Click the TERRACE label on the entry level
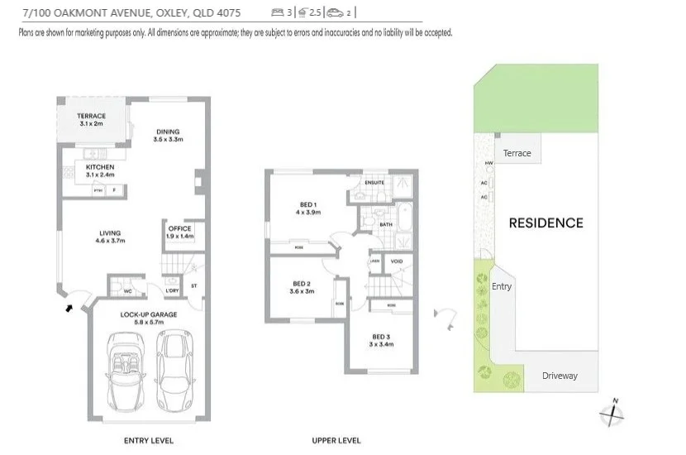[x=92, y=117]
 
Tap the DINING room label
[x=167, y=132]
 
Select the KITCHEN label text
[x=100, y=168]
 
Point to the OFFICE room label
[x=179, y=229]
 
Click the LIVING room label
[x=111, y=233]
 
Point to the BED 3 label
[x=380, y=337]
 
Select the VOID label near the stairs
[x=396, y=261]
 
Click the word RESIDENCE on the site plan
[x=545, y=223]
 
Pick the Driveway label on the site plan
[x=560, y=376]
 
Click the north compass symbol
[x=612, y=413]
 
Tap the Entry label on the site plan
[x=502, y=286]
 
